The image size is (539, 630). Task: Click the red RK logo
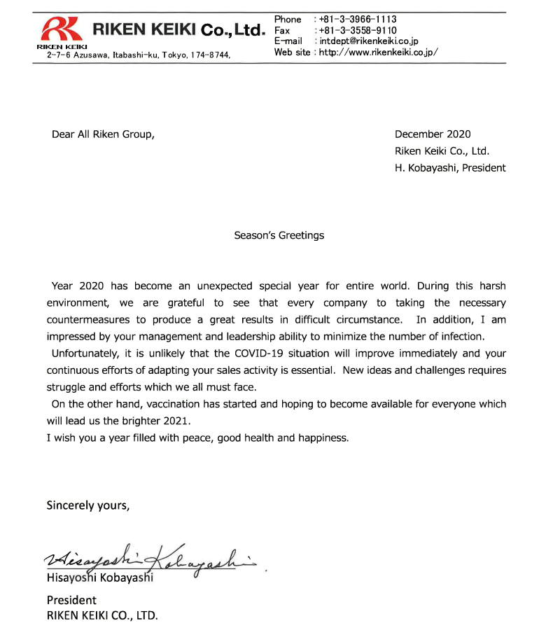pos(62,29)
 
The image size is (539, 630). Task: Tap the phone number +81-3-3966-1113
pos(357,19)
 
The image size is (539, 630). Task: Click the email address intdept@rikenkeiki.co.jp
pos(369,41)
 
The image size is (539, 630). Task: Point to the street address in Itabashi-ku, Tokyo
pos(139,54)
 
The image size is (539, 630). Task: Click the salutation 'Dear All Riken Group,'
pos(103,134)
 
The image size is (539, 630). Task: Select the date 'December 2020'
pos(433,134)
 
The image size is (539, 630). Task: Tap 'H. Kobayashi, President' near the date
pos(450,167)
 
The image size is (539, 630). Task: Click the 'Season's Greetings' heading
pos(279,235)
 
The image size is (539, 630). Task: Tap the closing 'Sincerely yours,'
pos(87,505)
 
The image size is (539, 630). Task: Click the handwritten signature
pos(154,558)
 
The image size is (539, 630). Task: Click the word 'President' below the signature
pos(71,600)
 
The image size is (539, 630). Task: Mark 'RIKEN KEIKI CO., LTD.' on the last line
pos(102,617)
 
